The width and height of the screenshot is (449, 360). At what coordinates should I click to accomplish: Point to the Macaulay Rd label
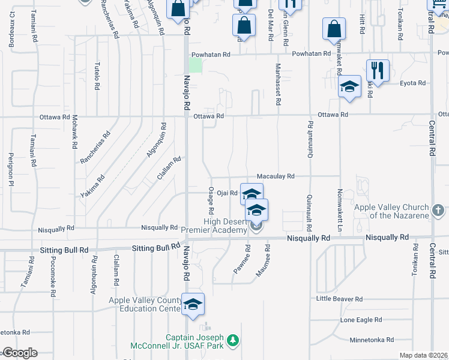click(276, 176)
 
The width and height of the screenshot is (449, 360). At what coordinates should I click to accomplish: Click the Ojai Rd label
click(228, 193)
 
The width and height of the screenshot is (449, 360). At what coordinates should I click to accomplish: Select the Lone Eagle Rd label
click(361, 320)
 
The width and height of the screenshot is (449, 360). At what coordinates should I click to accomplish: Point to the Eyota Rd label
click(414, 83)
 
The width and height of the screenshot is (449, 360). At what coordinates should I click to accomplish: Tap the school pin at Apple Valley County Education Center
click(193, 305)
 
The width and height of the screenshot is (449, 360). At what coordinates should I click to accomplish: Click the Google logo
click(19, 353)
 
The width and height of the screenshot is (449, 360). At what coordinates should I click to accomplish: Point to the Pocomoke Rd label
click(53, 275)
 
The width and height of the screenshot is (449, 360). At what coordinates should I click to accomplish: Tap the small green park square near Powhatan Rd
click(196, 65)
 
